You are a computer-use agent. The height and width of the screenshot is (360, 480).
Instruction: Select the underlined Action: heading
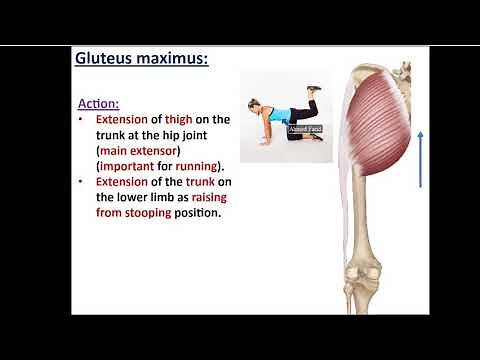click(x=99, y=103)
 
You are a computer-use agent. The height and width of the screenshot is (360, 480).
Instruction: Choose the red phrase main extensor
click(x=135, y=152)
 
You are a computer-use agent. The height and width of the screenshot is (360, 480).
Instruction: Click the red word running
click(x=198, y=168)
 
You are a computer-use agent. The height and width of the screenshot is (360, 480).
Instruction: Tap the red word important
click(x=131, y=168)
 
